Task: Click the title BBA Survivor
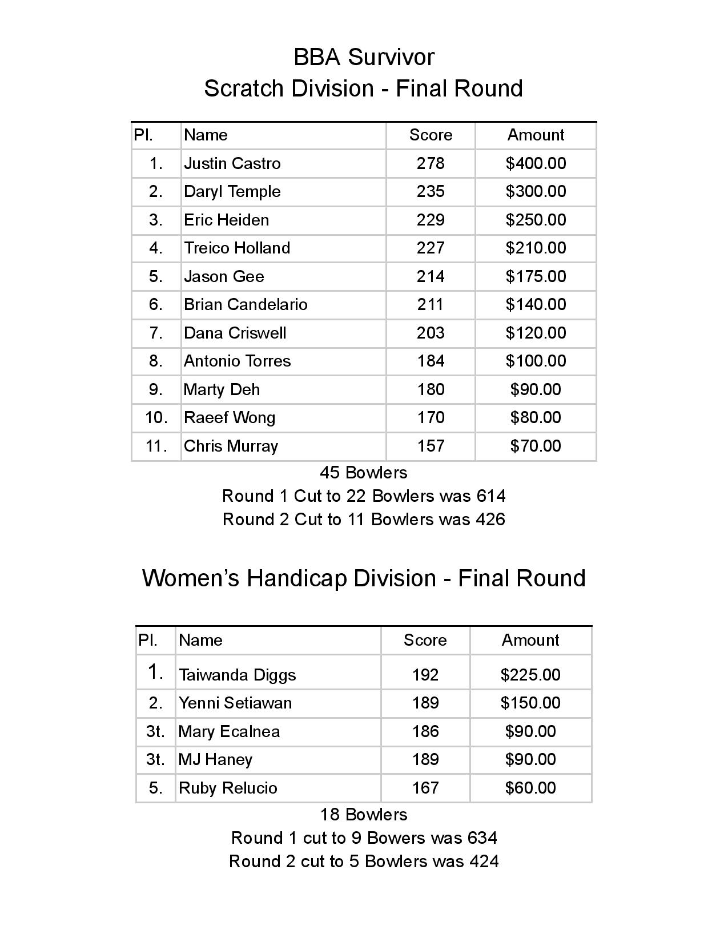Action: pyautogui.click(x=364, y=57)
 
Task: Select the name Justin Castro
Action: pyautogui.click(x=232, y=163)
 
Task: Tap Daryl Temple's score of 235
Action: pyautogui.click(x=430, y=191)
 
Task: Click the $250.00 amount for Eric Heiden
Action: pyautogui.click(x=536, y=220)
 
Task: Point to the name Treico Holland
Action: pyautogui.click(x=236, y=248)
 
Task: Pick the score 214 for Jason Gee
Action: pyautogui.click(x=430, y=276)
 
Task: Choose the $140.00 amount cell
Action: pyautogui.click(x=536, y=304)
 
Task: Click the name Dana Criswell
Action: pyautogui.click(x=235, y=333)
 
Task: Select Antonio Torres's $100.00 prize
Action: pyautogui.click(x=536, y=361)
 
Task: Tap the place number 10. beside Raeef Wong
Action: pyautogui.click(x=156, y=417)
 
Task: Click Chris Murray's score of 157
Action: pyautogui.click(x=430, y=446)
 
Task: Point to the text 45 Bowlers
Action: pyautogui.click(x=364, y=473)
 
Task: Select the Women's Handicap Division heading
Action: pyautogui.click(x=364, y=578)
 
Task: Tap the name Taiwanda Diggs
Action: pyautogui.click(x=237, y=675)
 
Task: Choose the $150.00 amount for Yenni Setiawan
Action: pyautogui.click(x=530, y=703)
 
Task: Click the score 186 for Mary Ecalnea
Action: pyautogui.click(x=425, y=731)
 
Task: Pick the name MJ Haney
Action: pyautogui.click(x=215, y=759)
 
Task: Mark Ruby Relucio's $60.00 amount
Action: pyautogui.click(x=530, y=788)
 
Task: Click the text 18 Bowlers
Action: pyautogui.click(x=364, y=814)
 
